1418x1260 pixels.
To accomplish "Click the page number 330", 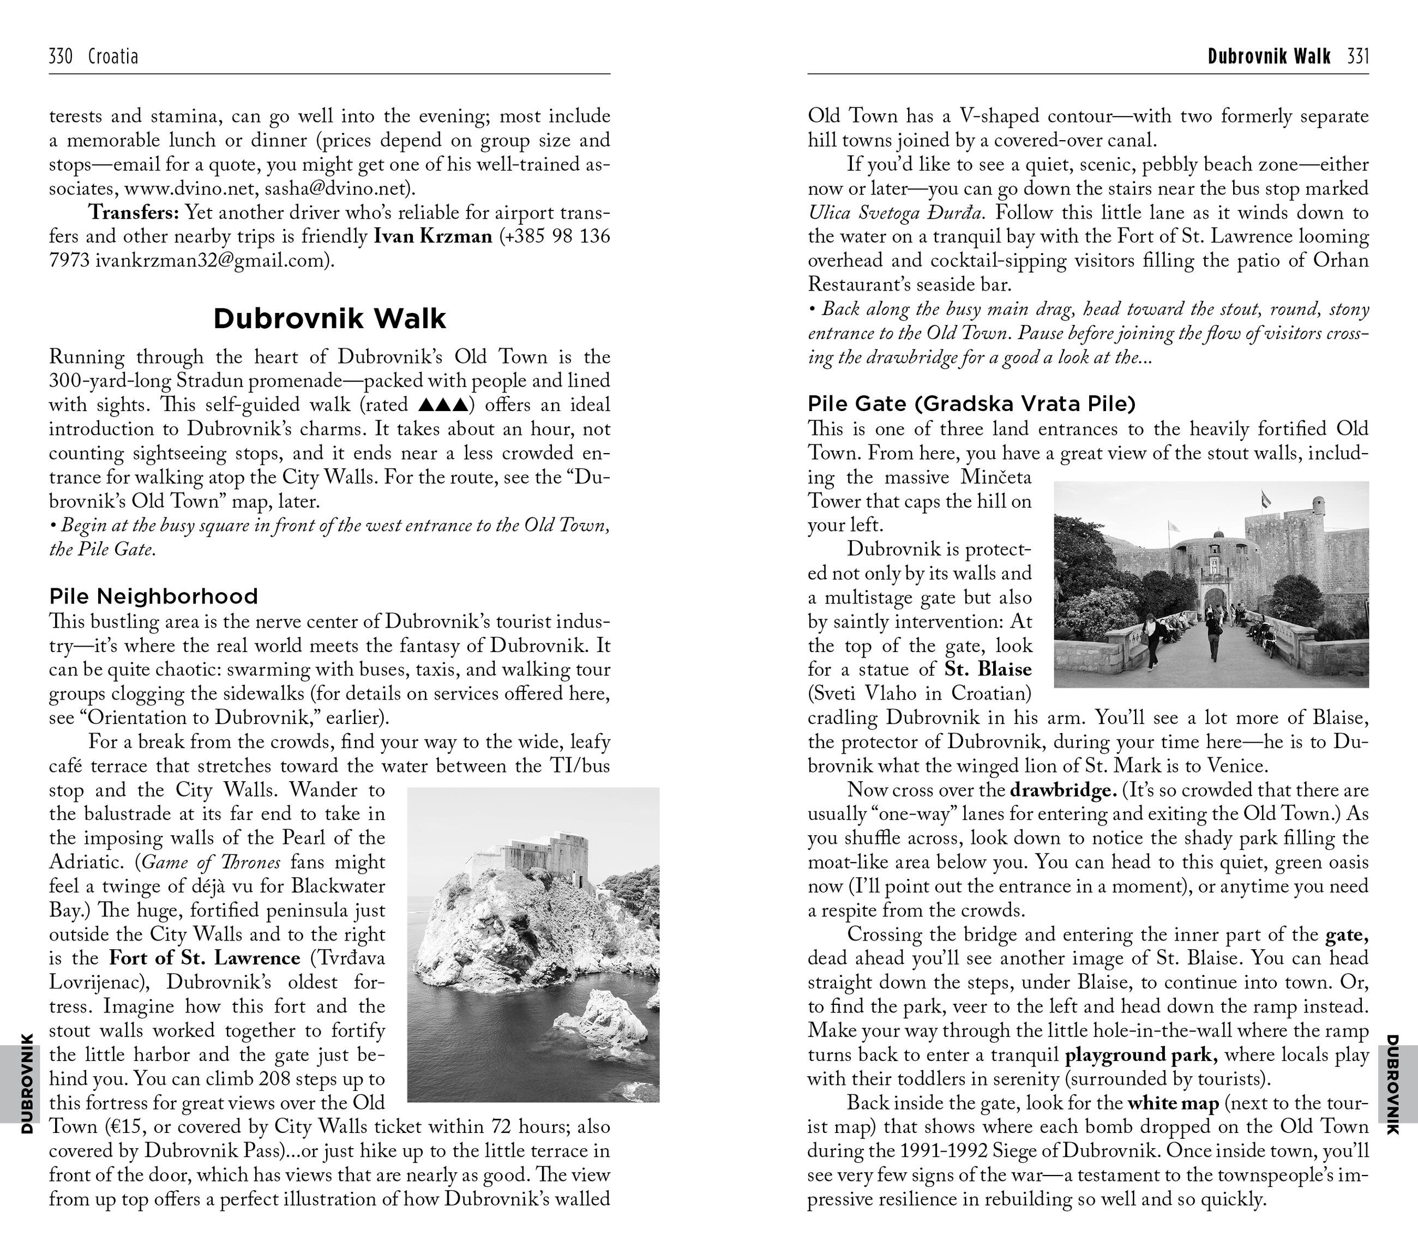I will pyautogui.click(x=61, y=56).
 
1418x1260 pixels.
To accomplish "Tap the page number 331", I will pyautogui.click(x=1357, y=56).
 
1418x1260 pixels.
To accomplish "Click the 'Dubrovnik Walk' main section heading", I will pyautogui.click(x=329, y=318).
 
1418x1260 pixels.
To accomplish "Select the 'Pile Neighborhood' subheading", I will pyautogui.click(x=153, y=596).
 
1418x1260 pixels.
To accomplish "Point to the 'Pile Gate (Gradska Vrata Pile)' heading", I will pyautogui.click(x=971, y=403).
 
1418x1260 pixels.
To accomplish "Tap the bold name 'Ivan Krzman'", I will pyautogui.click(x=433, y=237).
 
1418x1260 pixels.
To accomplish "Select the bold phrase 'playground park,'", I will pyautogui.click(x=1142, y=1055).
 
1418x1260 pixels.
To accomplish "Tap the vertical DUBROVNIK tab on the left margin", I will pyautogui.click(x=26, y=1082).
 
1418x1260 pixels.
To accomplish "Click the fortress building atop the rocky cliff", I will pyautogui.click(x=538, y=860).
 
